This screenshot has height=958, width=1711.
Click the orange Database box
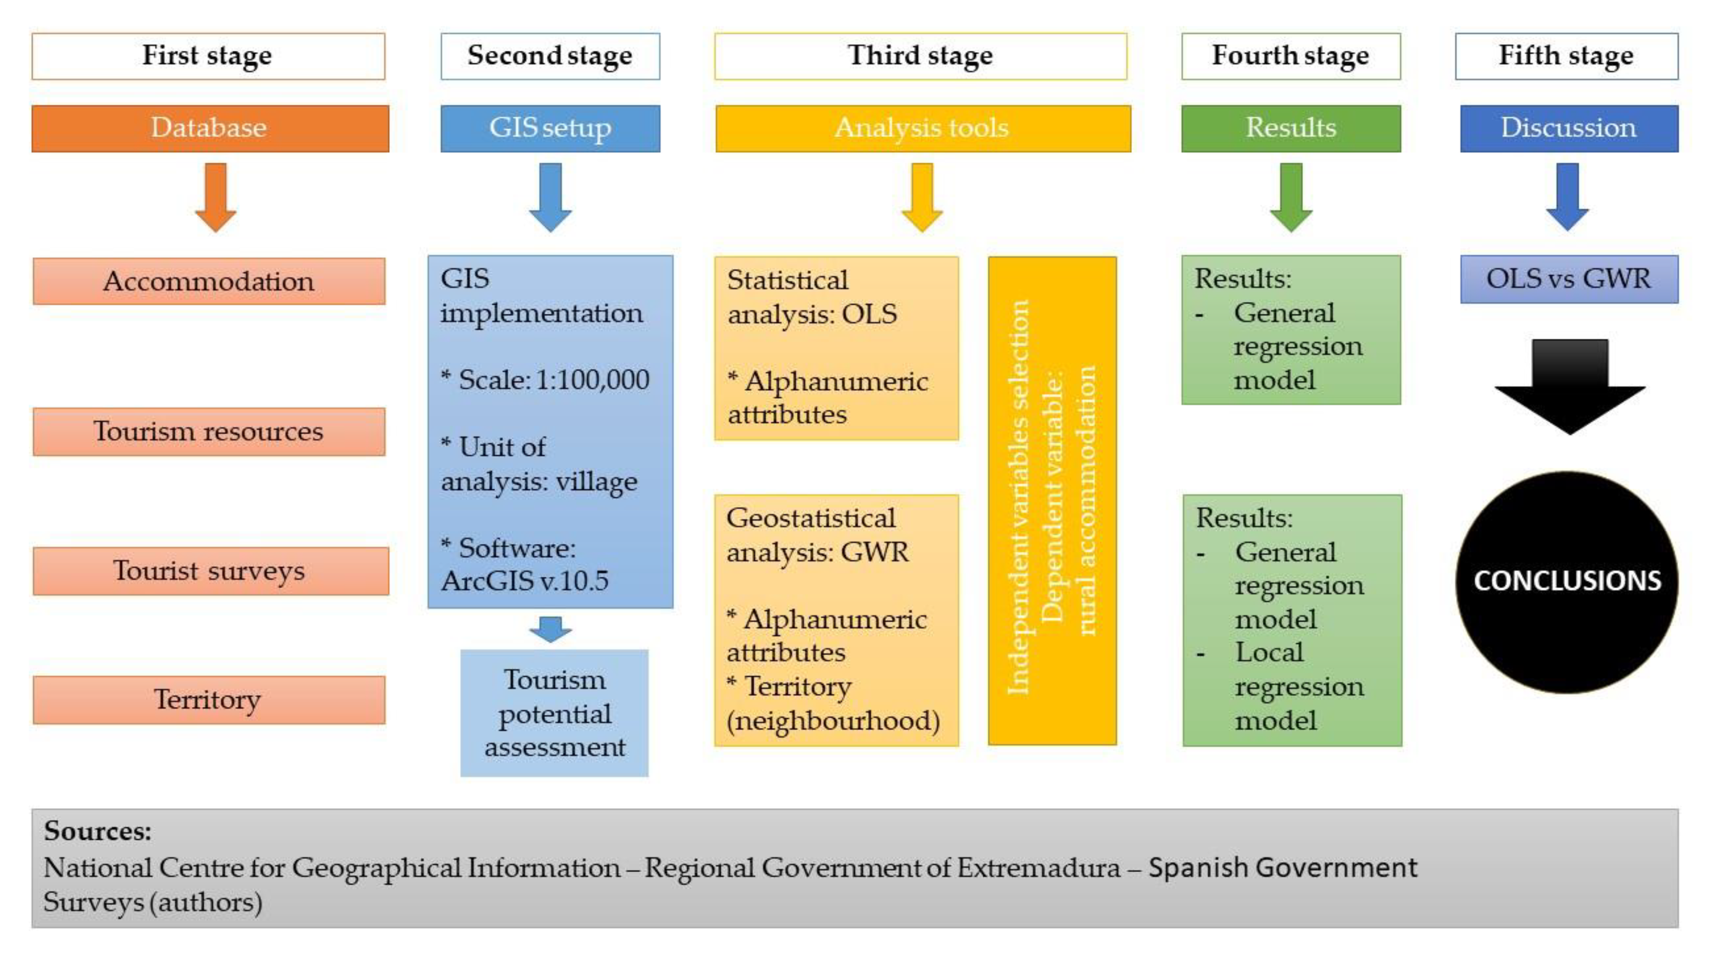click(x=210, y=128)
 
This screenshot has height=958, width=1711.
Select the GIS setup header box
click(x=550, y=128)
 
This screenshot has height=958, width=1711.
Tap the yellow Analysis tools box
click(x=922, y=128)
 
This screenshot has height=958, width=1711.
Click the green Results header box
click(x=1290, y=128)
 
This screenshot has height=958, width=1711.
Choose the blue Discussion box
click(x=1568, y=128)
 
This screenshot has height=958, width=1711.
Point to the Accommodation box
click(x=209, y=281)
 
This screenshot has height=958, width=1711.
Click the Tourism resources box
click(x=209, y=432)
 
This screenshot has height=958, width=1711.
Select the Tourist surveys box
click(x=210, y=571)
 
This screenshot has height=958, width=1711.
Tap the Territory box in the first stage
click(x=209, y=700)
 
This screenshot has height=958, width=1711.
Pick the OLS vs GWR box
click(x=1568, y=279)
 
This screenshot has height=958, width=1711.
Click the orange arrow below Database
click(x=215, y=197)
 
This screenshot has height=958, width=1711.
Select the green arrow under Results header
click(x=1290, y=197)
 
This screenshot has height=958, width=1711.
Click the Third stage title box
click(x=920, y=56)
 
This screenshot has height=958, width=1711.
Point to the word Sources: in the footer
click(x=98, y=831)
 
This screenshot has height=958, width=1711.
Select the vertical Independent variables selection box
click(x=1052, y=501)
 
